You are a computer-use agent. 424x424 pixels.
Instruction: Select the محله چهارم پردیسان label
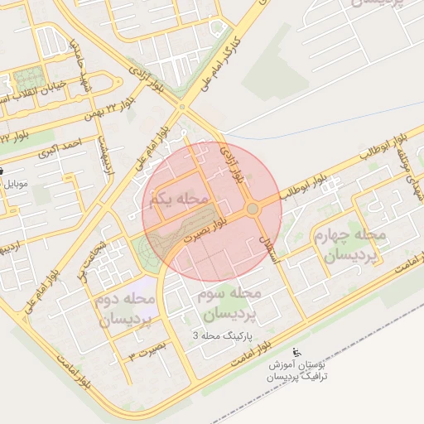(349, 246)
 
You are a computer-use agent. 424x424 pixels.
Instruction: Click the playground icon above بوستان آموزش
(298, 351)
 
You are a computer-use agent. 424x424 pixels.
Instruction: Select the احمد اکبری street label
(62, 147)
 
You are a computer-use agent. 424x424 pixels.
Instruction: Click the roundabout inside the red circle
(253, 210)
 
